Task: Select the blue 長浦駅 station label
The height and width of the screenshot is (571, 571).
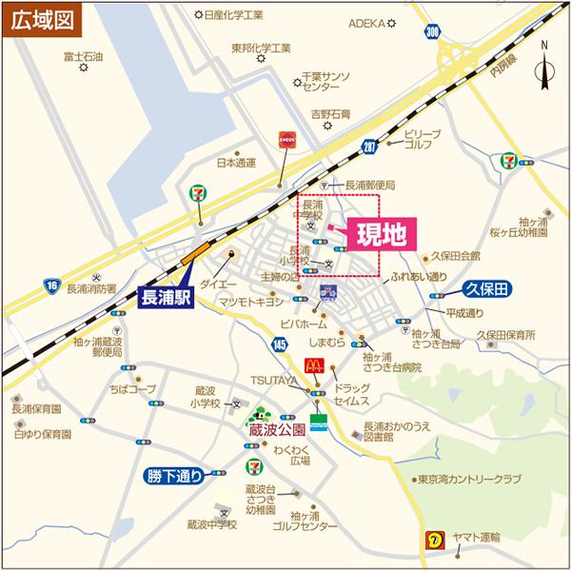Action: pos(167,297)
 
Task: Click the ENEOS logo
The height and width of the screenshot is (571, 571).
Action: pos(287,140)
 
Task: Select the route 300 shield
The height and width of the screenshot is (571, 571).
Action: pos(434,33)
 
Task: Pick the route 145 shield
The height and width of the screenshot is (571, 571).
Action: pos(279,343)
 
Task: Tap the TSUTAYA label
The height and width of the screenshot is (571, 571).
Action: pos(273,379)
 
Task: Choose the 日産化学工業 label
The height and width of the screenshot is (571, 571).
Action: pos(234,15)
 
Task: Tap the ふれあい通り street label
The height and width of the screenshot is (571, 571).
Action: pos(419,276)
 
